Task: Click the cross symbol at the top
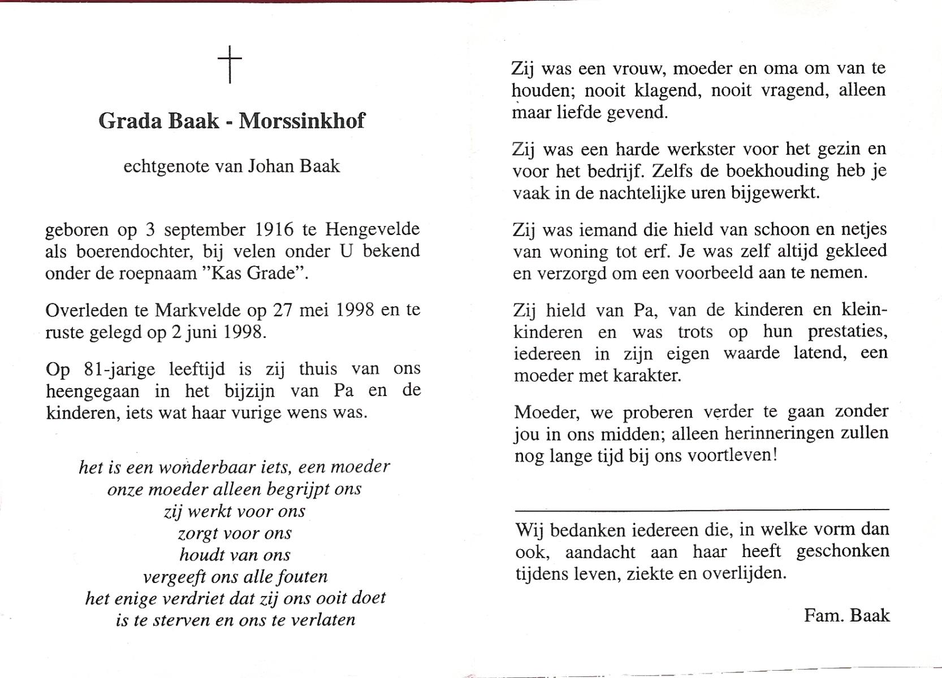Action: (x=230, y=64)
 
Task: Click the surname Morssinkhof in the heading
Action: (x=302, y=121)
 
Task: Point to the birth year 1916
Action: (x=275, y=229)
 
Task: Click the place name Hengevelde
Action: (x=372, y=229)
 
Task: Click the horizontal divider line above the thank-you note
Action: (x=702, y=510)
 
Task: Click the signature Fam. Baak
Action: (x=846, y=615)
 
